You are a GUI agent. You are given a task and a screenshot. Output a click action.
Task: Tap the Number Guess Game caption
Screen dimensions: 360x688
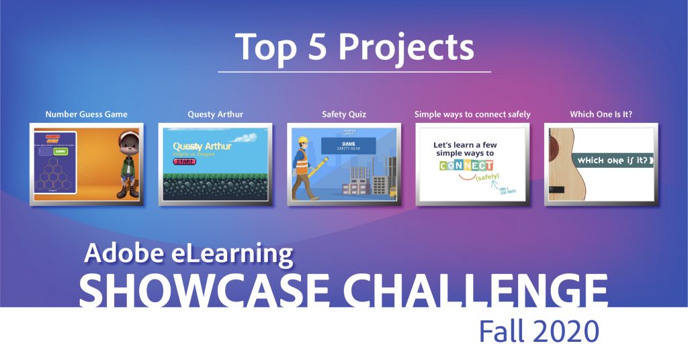(86, 114)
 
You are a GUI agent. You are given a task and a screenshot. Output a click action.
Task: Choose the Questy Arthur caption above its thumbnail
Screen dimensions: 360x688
(215, 114)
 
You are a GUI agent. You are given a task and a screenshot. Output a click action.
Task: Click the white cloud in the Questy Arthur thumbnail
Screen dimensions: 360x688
(245, 137)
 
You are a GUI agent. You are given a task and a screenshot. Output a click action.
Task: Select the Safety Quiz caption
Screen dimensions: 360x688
(344, 114)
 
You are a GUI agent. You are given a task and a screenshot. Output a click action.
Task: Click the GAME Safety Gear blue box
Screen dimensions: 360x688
(348, 146)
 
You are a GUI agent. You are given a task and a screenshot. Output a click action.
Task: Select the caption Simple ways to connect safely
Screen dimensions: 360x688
(472, 114)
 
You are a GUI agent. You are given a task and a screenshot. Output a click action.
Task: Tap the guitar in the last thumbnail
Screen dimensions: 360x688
(559, 165)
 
